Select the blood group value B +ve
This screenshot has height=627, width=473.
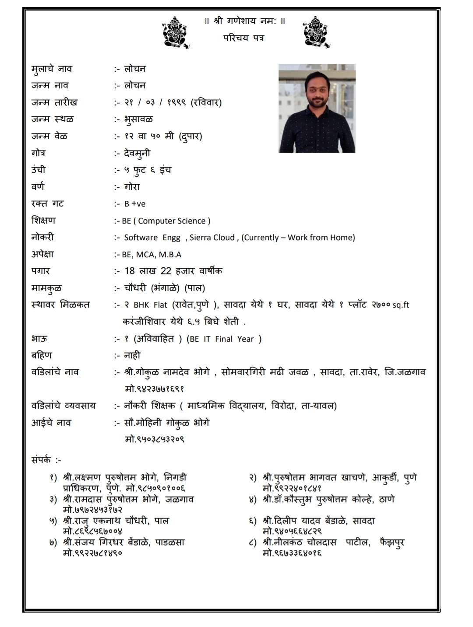[134, 204]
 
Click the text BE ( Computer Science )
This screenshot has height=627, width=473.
[166, 221]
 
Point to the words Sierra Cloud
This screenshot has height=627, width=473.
[212, 238]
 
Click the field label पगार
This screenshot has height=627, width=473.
[41, 271]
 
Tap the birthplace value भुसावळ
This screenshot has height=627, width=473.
[138, 119]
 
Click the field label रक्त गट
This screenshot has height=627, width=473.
[47, 204]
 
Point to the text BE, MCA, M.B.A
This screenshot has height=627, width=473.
[151, 255]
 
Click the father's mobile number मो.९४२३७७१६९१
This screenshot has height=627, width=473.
[155, 389]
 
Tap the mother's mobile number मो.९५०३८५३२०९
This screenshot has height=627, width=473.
[155, 439]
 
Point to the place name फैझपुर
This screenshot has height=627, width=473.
[392, 543]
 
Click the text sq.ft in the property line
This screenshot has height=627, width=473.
[401, 305]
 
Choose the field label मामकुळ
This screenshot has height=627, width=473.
[46, 288]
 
